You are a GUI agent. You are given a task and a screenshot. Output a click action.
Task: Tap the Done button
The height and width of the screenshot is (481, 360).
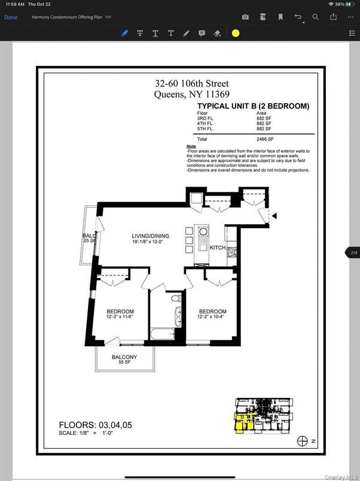click(x=11, y=17)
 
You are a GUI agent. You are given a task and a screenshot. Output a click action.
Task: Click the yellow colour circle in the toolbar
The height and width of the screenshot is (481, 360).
click(x=236, y=34)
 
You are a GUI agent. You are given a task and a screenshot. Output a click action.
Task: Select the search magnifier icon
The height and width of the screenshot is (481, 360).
click(x=315, y=17)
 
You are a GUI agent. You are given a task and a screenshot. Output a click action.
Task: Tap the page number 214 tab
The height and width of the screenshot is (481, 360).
click(x=353, y=253)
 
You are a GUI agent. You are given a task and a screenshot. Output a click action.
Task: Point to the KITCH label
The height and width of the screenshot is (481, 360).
click(x=218, y=247)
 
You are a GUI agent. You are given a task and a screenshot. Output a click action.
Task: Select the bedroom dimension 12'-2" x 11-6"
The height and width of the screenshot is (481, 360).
click(x=120, y=317)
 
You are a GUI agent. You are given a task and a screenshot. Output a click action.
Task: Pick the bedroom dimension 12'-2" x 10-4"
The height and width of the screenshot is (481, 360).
click(x=212, y=317)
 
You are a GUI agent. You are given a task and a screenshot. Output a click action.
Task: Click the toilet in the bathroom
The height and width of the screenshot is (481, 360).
click(x=175, y=297)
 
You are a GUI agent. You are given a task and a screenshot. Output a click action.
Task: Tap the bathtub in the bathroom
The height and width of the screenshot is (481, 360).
click(x=161, y=334)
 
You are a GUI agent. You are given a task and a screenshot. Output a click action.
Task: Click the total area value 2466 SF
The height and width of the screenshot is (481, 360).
click(x=264, y=138)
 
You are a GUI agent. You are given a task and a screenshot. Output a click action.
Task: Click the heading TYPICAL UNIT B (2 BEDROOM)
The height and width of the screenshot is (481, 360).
click(x=253, y=106)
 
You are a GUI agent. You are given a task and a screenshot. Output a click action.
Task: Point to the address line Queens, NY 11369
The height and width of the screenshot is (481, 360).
click(x=191, y=94)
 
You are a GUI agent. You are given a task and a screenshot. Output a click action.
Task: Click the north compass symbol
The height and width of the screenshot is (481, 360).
click(x=303, y=441)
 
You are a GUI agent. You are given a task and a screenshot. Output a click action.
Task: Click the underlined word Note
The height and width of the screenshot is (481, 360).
click(x=191, y=147)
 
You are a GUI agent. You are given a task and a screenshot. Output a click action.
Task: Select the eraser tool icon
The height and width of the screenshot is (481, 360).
click(x=218, y=34)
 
